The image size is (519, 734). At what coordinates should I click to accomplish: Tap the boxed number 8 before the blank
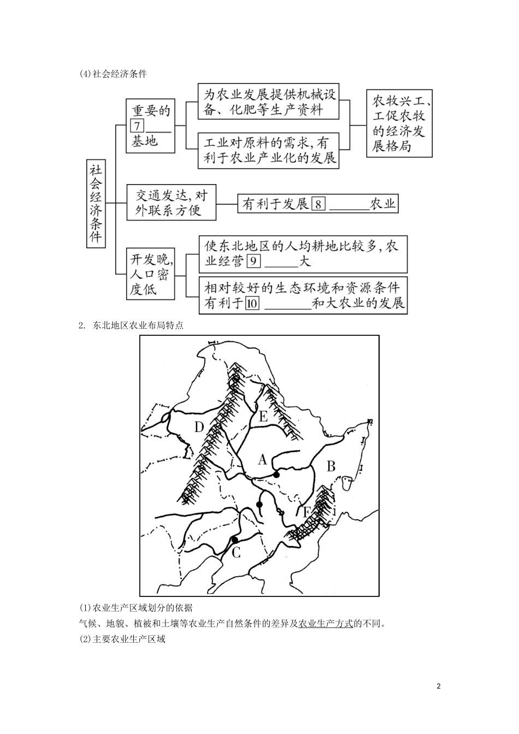click(319, 204)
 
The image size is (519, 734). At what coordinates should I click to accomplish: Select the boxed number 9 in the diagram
click(253, 261)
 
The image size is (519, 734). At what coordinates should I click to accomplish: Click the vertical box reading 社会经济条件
click(96, 204)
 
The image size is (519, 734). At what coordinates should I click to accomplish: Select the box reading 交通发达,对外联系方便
click(170, 203)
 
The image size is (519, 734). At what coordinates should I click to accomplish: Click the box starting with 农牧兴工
click(399, 124)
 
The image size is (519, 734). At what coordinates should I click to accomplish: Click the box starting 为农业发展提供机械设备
click(268, 102)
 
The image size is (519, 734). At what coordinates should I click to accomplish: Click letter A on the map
click(262, 460)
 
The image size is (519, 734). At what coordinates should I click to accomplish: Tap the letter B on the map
click(331, 466)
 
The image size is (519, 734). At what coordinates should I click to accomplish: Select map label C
click(236, 553)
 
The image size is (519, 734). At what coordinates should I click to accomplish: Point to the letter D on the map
click(199, 427)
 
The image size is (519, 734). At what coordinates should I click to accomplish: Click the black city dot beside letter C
click(234, 540)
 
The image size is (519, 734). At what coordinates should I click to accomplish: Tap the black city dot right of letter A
click(276, 475)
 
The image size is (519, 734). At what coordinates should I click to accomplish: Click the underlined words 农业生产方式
click(326, 623)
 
